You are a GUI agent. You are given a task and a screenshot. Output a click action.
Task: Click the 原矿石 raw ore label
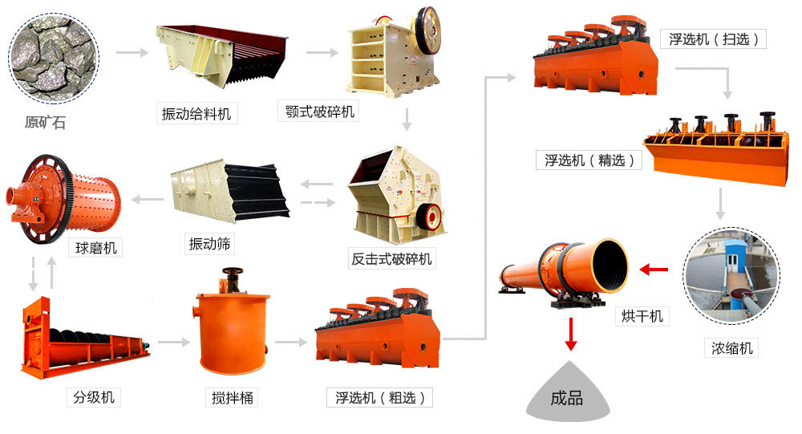(x=45, y=123)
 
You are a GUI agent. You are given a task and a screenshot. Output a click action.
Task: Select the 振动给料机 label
(x=196, y=114)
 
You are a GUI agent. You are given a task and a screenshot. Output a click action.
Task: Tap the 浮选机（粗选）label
(x=380, y=396)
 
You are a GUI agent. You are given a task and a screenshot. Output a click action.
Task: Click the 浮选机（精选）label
(x=589, y=160)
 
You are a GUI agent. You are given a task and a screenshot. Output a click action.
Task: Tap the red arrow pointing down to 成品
(x=570, y=334)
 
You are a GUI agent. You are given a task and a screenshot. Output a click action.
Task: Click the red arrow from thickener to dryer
(x=657, y=270)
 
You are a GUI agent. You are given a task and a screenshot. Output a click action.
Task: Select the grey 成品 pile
(x=566, y=397)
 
